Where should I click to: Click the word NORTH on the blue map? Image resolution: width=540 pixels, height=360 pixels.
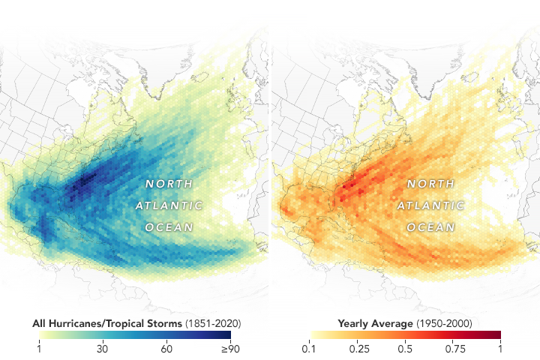[169, 184]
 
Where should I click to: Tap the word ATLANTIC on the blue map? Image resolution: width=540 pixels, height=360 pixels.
[169, 205]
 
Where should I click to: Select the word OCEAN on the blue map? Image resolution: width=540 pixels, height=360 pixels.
[169, 226]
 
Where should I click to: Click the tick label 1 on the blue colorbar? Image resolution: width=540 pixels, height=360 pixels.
[39, 349]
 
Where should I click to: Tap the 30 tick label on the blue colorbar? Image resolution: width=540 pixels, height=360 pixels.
[103, 349]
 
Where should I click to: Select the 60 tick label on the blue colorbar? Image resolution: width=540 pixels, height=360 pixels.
[166, 349]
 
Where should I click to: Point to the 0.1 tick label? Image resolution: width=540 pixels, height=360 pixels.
[307, 349]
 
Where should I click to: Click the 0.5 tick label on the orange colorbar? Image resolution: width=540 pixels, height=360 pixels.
[404, 349]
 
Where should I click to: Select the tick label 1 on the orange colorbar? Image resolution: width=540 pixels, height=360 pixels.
[500, 349]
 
